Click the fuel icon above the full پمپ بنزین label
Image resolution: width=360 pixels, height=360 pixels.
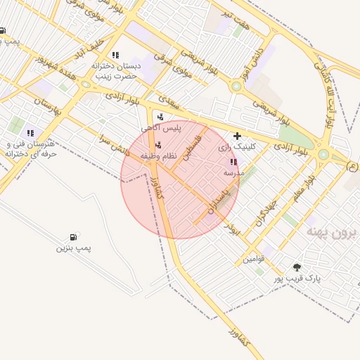(73, 238)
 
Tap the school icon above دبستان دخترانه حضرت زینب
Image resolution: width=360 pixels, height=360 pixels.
(115, 55)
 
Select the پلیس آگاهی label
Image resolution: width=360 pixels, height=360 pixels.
(161, 128)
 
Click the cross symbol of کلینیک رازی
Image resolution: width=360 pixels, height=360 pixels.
(237, 136)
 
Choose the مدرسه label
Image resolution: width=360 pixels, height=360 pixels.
(233, 172)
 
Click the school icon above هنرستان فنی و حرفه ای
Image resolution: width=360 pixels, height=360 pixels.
(30, 132)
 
